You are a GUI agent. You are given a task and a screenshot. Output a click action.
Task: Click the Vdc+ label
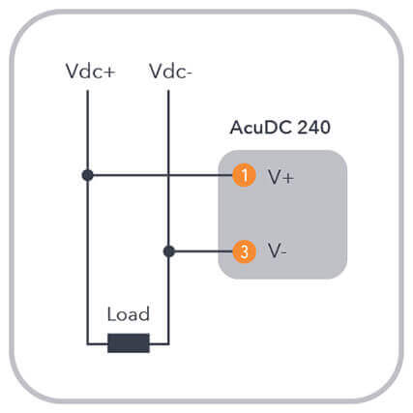[90, 71]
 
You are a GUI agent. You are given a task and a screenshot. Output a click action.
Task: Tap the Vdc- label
[170, 71]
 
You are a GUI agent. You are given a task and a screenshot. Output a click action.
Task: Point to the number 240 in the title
[313, 128]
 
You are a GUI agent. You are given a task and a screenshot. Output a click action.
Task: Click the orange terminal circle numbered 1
[244, 175]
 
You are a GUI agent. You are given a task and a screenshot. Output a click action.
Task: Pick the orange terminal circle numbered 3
[244, 251]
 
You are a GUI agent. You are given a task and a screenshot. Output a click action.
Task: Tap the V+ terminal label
[280, 177]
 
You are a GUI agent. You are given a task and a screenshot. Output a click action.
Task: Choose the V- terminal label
[277, 251]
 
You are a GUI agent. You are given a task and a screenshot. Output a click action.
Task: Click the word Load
[129, 314]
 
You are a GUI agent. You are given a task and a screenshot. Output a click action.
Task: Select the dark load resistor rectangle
[129, 343]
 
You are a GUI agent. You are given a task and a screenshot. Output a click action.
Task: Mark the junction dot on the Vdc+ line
[87, 175]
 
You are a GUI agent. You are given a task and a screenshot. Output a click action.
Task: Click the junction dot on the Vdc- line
[169, 251]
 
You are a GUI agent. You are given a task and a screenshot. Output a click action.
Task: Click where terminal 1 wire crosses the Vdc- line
[168, 175]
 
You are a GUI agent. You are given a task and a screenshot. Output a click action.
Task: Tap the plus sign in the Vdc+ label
[109, 73]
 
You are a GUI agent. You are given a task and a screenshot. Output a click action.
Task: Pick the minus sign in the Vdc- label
[189, 74]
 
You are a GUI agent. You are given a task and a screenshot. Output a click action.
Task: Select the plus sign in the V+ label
[287, 178]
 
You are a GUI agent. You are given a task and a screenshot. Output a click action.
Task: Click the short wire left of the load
[97, 343]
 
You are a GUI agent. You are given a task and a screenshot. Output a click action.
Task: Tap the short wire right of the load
[160, 343]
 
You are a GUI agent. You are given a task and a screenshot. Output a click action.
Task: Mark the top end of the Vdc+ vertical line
[87, 91]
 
